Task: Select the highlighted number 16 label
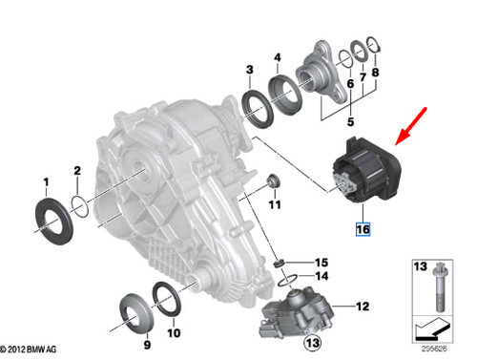click(363, 228)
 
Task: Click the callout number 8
click(374, 73)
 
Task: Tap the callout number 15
click(321, 263)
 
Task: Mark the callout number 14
click(321, 276)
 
